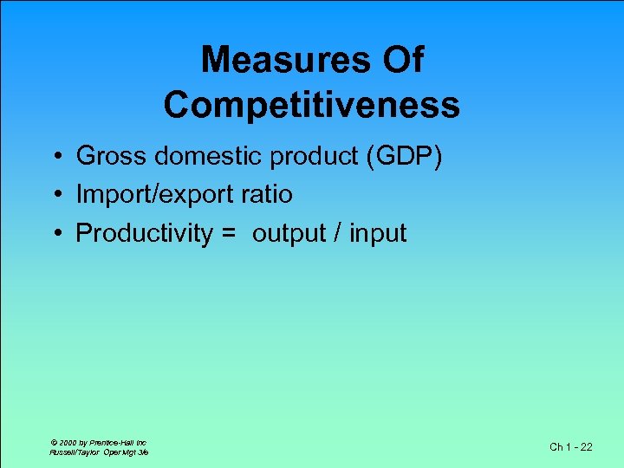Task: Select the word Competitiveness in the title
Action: coord(311,105)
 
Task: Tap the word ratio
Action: coord(268,194)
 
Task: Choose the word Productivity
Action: coord(144,234)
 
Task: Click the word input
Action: coord(378,235)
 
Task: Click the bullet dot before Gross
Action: coord(55,157)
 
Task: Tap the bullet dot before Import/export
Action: coord(55,195)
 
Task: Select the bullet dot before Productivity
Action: coord(55,233)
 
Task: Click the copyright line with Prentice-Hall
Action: coord(97,442)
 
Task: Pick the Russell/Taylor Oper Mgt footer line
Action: coord(99,452)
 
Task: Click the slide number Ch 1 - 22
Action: coord(571,447)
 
